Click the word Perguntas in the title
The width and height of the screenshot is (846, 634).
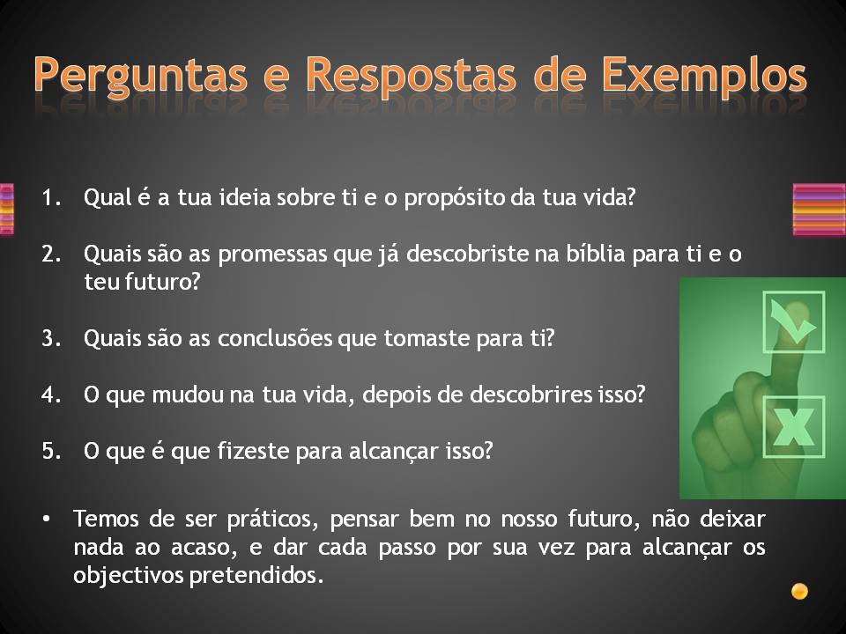pyautogui.click(x=140, y=77)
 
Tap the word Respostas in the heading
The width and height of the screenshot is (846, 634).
pyautogui.click(x=411, y=77)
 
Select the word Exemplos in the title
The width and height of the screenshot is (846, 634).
pyautogui.click(x=704, y=77)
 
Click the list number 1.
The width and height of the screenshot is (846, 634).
pyautogui.click(x=51, y=197)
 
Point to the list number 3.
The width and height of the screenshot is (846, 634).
pyautogui.click(x=51, y=338)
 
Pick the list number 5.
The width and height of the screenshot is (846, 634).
pyautogui.click(x=51, y=451)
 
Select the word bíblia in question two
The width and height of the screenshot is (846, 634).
pyautogui.click(x=595, y=254)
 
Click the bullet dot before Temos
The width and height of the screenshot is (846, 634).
pyautogui.click(x=46, y=520)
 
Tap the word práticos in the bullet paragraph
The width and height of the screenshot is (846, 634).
pyautogui.click(x=270, y=520)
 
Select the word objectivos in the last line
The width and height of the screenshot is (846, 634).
pyautogui.click(x=129, y=576)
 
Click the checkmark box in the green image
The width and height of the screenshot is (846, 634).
pyautogui.click(x=794, y=322)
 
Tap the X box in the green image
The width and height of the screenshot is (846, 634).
pyautogui.click(x=794, y=427)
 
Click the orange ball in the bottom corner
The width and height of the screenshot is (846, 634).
pyautogui.click(x=799, y=592)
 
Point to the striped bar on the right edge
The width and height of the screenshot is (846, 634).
pyautogui.click(x=819, y=210)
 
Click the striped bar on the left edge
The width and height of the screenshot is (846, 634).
pyautogui.click(x=6, y=210)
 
